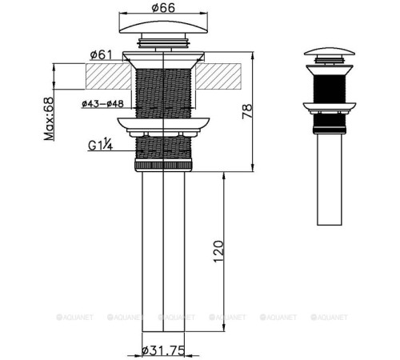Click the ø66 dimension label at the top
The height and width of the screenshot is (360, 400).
(x=163, y=10)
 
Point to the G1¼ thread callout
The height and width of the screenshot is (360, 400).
(x=102, y=146)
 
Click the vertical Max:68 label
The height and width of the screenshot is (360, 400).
(x=49, y=118)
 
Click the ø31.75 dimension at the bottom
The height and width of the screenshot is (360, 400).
(x=166, y=350)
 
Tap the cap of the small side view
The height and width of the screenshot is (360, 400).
(x=327, y=53)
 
